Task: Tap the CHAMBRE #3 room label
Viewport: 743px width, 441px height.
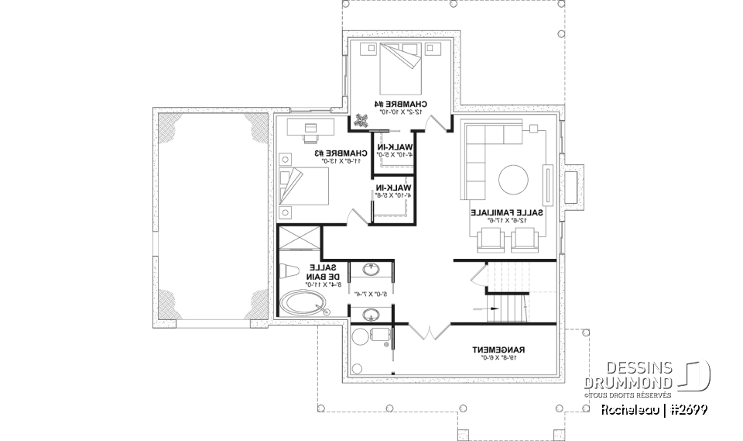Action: point(320,153)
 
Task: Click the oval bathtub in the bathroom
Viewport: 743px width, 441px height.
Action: point(303,305)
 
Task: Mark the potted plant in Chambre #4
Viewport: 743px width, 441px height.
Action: point(362,121)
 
